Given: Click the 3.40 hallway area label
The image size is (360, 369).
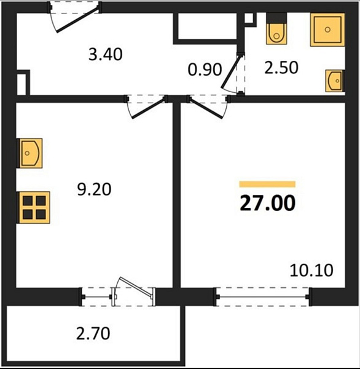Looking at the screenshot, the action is click(x=105, y=54).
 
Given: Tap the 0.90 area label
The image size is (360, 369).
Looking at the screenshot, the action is click(x=205, y=69).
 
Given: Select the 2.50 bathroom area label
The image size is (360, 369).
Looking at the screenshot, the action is click(x=281, y=68).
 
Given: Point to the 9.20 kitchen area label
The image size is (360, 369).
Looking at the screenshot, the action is click(x=94, y=189).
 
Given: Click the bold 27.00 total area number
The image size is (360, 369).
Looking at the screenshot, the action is click(x=267, y=203).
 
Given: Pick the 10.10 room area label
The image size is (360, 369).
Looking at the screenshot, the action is click(x=311, y=270).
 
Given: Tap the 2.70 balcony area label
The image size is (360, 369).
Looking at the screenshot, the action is click(x=93, y=333).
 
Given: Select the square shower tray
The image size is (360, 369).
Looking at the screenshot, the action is click(x=327, y=30).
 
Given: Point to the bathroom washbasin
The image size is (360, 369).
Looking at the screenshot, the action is click(x=334, y=81).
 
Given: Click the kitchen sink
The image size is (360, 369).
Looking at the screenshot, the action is click(x=30, y=153).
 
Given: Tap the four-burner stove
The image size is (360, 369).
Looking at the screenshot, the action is click(x=34, y=208).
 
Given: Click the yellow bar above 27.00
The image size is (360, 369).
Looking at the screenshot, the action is click(x=267, y=184).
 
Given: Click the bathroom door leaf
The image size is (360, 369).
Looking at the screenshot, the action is click(x=231, y=71).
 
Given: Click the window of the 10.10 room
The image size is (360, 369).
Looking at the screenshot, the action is click(x=263, y=296).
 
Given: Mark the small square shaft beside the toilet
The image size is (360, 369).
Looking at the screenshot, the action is click(x=249, y=18).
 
